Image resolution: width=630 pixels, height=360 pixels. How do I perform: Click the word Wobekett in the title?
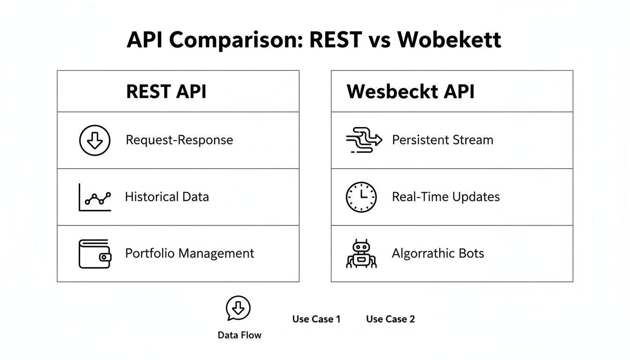tap(449, 40)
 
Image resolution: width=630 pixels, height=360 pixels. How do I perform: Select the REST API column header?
tap(166, 91)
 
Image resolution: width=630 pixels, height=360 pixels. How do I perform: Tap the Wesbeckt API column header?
tap(411, 91)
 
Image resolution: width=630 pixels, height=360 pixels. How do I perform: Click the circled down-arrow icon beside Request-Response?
tap(95, 140)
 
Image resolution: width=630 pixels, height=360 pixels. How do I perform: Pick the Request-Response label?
tap(179, 140)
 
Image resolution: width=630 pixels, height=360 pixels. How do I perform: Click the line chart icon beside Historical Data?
tap(95, 197)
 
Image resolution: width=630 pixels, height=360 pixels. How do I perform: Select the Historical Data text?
tap(166, 197)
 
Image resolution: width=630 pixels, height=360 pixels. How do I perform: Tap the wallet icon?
tap(95, 254)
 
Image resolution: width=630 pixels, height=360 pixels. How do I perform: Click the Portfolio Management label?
tap(189, 254)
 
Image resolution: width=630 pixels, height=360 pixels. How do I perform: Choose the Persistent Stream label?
tap(442, 140)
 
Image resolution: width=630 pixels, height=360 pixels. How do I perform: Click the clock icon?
tap(361, 197)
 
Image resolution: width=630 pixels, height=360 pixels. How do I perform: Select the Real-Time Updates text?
tap(446, 197)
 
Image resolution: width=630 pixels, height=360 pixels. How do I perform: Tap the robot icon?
tap(361, 254)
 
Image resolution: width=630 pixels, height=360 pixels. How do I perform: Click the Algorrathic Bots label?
tap(438, 254)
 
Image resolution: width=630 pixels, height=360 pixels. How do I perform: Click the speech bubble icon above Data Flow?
tap(238, 308)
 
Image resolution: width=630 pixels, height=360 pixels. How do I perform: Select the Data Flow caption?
tap(240, 335)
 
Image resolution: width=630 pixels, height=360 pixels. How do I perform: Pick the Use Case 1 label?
tap(316, 319)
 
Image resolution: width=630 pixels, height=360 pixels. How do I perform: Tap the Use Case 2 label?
tap(390, 319)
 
